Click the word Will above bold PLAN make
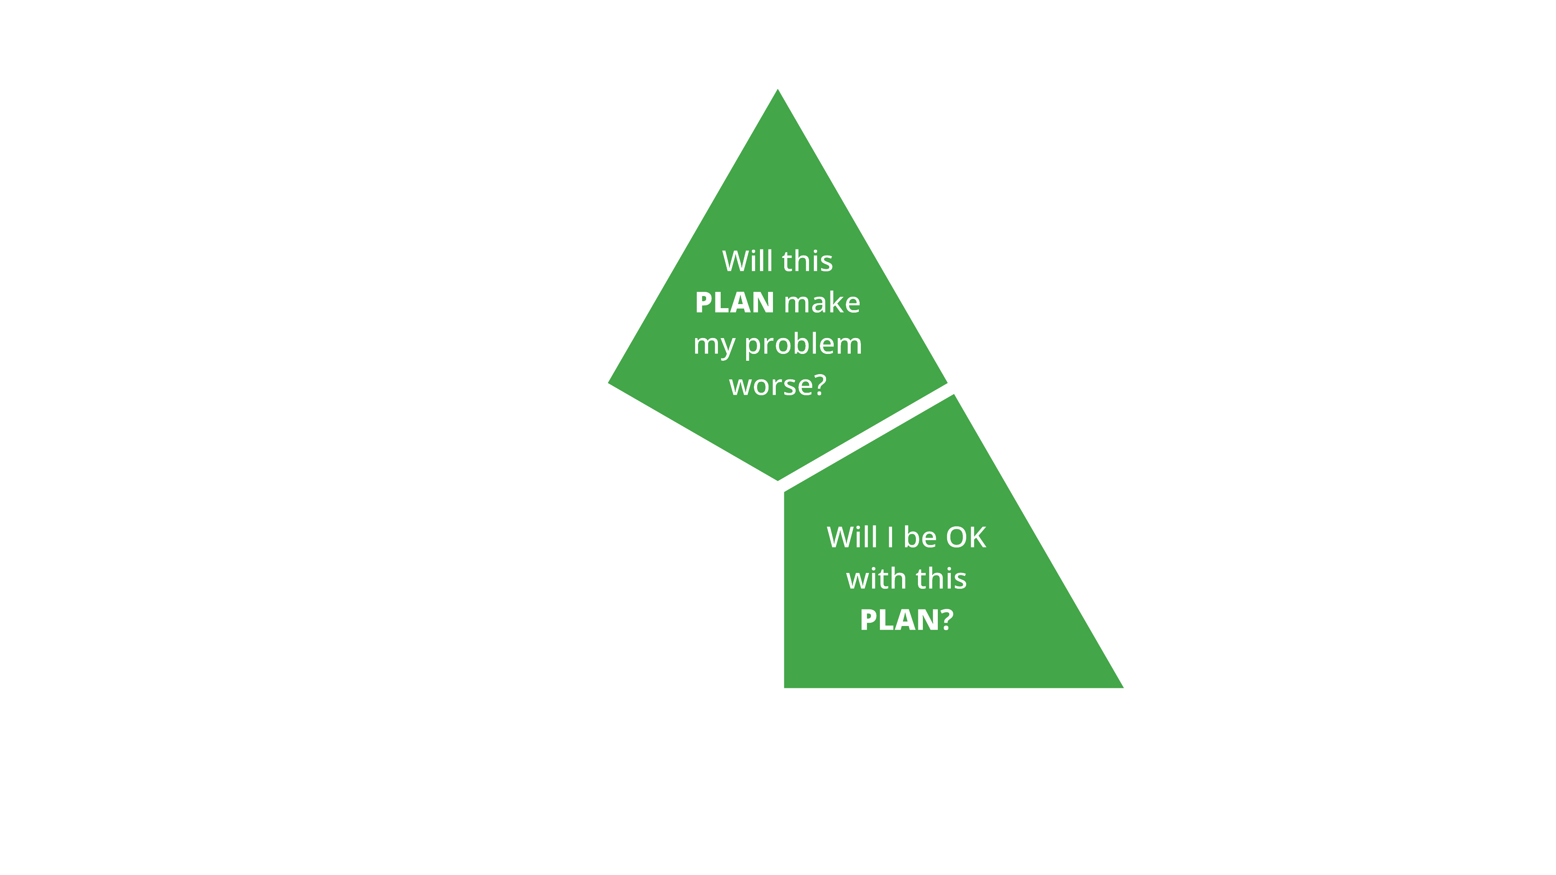point(747,262)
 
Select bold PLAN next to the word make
point(734,302)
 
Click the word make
point(822,302)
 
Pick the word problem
point(803,344)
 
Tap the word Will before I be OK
point(852,537)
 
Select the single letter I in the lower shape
point(890,537)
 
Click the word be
point(919,537)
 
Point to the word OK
point(966,537)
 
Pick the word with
point(876,579)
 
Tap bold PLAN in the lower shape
point(899,620)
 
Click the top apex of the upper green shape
point(777,91)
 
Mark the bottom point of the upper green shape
point(778,479)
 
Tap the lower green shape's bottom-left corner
point(785,687)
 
